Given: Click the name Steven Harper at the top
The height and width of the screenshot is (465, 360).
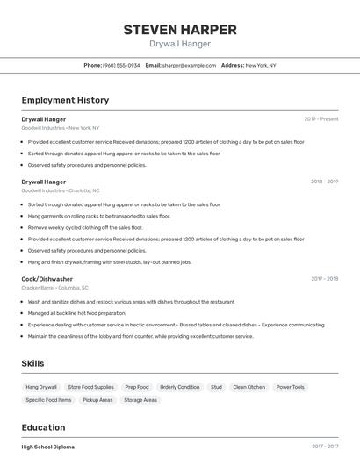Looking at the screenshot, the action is pos(179,29).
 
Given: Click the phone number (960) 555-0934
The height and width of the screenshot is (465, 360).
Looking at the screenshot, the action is pos(121,65).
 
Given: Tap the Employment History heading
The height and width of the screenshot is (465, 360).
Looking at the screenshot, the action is pos(65,100).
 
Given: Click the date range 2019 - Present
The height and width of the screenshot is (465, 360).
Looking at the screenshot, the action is pos(321,118).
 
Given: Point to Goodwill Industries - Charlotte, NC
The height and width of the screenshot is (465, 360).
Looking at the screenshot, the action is pos(61,190).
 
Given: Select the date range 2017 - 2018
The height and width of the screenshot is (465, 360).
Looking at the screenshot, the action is pos(324,278).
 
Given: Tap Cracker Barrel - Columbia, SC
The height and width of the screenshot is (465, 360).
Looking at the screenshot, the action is pos(54,287).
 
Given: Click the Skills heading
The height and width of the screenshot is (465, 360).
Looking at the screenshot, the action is pos(32,363).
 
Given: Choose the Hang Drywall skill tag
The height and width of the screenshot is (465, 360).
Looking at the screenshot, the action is pos(41,387).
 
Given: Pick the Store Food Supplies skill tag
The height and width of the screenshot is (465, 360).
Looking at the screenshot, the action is pos(90,387).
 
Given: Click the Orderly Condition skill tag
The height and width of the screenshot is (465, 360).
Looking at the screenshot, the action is pos(180,387).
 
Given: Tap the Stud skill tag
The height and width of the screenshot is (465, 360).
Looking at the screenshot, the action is pos(216,387).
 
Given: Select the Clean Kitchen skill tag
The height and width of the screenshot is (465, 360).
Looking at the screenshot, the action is pos(248,387).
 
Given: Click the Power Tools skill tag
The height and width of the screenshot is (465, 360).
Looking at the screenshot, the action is pos(291,387).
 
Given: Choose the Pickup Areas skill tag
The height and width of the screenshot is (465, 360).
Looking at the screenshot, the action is pos(97,400).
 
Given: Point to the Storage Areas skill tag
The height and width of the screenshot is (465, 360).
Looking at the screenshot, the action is pos(140,400).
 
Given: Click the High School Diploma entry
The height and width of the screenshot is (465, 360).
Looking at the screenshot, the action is pos(48,447).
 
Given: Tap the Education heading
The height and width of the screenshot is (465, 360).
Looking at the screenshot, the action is pos(44,428).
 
